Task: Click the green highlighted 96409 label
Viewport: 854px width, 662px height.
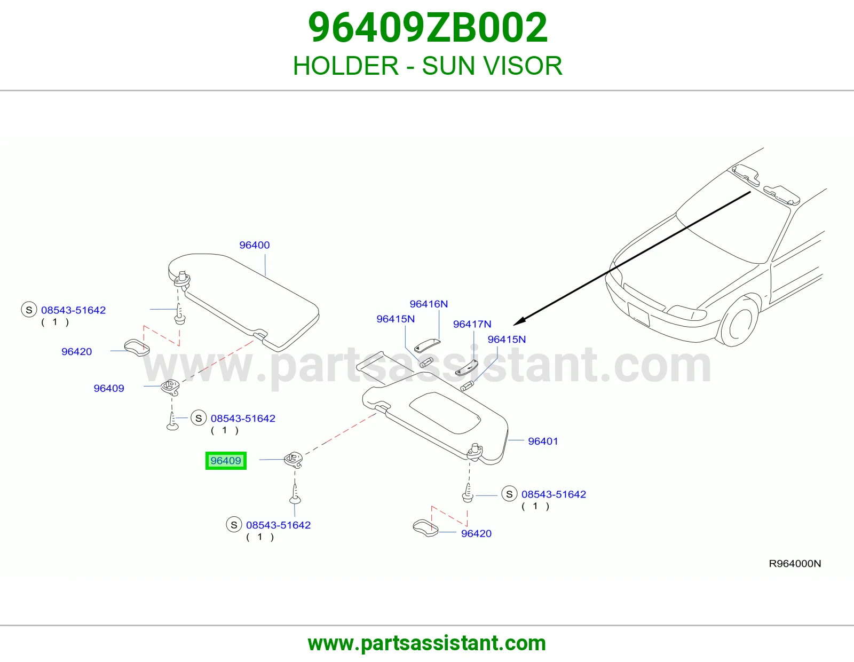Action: (x=226, y=460)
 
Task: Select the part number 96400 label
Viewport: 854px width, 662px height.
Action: (x=254, y=245)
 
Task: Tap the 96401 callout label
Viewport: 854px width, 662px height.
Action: (x=543, y=441)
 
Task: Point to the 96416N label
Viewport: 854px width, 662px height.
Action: (x=429, y=304)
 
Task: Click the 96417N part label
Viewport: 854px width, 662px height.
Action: (x=472, y=324)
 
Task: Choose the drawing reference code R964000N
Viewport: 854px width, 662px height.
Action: (x=795, y=564)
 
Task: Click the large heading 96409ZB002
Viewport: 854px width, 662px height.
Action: (x=428, y=28)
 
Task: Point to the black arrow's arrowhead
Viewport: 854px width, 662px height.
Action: (x=519, y=321)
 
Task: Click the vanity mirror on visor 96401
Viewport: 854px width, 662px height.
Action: (x=445, y=413)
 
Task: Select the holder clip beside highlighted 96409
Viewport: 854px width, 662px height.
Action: (x=294, y=459)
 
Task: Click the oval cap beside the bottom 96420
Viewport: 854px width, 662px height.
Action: (x=425, y=528)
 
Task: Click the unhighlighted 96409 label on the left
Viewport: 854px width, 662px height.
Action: (x=109, y=389)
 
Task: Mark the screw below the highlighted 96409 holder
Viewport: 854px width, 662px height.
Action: (x=295, y=494)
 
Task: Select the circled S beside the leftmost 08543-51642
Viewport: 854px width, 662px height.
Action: (x=29, y=310)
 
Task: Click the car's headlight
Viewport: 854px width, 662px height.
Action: (x=686, y=313)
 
